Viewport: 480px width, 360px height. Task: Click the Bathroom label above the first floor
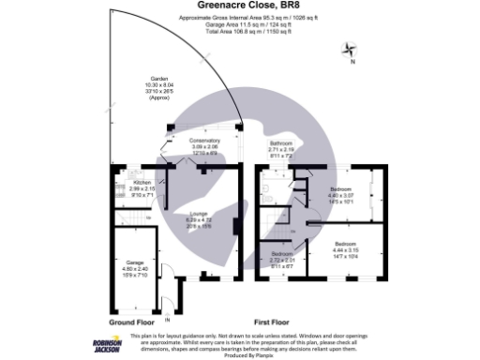[x=281, y=145]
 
